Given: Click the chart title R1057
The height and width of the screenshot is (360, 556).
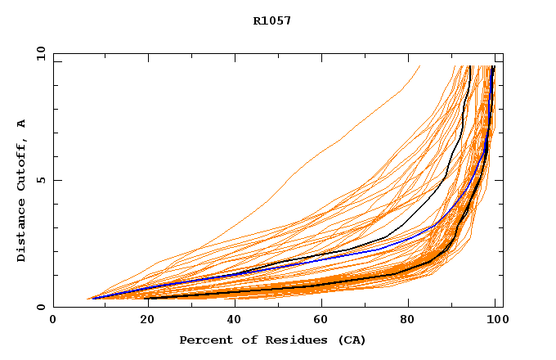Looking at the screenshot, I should pyautogui.click(x=272, y=21).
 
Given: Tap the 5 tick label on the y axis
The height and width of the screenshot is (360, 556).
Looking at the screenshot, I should pyautogui.click(x=40, y=180).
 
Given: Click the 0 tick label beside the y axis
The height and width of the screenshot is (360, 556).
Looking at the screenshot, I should pyautogui.click(x=40, y=307).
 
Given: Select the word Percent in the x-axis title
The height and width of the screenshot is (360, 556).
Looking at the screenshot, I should pyautogui.click(x=202, y=340).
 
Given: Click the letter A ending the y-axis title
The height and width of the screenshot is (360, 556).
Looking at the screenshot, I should pyautogui.click(x=21, y=124).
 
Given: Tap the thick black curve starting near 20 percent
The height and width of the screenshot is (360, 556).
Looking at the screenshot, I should pyautogui.click(x=245, y=291).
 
